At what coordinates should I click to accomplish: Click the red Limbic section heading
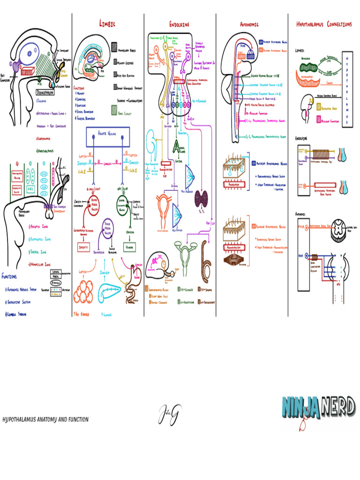107,23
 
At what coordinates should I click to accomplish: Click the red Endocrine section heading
180,24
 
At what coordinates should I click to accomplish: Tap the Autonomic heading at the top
249,24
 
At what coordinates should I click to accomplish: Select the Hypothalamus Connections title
323,24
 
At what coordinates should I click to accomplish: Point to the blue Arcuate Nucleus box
107,135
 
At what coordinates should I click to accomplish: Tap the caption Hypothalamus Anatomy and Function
45,420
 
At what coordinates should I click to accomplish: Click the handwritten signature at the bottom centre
169,415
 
